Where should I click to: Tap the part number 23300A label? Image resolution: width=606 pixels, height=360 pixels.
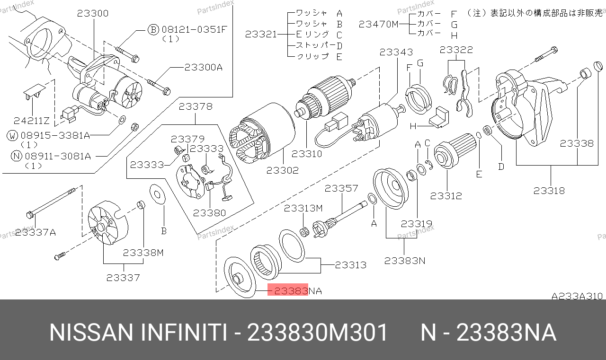point(203,68)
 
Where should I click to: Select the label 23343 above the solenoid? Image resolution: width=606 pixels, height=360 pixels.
point(396,52)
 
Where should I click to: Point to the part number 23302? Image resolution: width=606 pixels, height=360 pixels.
point(282,170)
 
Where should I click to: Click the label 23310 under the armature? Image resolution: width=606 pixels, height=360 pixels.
point(307,154)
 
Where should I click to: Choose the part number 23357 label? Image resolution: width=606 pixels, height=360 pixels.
point(341,189)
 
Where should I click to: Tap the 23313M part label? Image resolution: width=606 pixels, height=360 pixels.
point(303,208)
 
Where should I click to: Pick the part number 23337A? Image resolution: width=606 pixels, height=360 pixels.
point(36,232)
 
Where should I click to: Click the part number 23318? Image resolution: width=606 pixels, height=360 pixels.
point(549,191)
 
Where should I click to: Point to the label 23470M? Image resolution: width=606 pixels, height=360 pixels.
point(379,24)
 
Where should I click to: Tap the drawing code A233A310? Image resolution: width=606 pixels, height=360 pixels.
point(577,296)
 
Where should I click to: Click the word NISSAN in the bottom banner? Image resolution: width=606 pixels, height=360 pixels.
point(91,333)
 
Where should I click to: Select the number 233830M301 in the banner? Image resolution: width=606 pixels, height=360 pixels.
point(318,333)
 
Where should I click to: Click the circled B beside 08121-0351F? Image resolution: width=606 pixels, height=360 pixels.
point(152,30)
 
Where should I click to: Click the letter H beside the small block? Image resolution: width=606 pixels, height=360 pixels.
point(412,127)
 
